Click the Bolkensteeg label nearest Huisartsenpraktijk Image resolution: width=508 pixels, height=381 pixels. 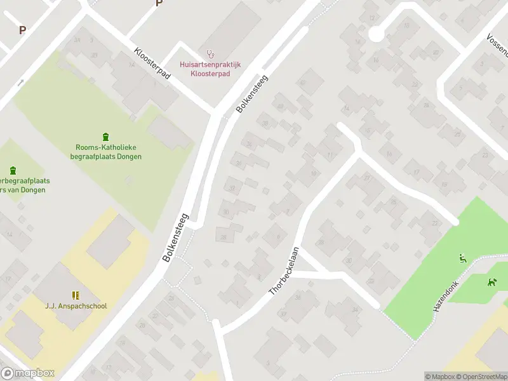click(x=252, y=95)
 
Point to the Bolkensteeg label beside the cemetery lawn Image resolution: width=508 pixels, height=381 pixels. click(x=176, y=237)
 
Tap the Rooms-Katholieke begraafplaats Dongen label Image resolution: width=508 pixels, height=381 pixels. click(x=105, y=152)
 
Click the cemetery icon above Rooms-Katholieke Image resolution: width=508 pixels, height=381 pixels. click(x=105, y=137)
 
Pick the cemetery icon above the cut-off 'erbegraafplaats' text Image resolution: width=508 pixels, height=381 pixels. click(x=13, y=170)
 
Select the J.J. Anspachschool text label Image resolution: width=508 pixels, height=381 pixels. click(x=76, y=306)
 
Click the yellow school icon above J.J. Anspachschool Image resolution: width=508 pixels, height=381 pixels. click(x=76, y=295)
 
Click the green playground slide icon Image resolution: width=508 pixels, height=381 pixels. click(x=462, y=258)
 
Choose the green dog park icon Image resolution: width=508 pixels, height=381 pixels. click(x=491, y=281)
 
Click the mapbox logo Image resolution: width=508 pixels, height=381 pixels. click(x=28, y=373)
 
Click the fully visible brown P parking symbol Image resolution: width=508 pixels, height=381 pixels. click(x=23, y=30)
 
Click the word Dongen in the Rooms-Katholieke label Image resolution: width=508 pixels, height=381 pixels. click(x=129, y=156)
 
